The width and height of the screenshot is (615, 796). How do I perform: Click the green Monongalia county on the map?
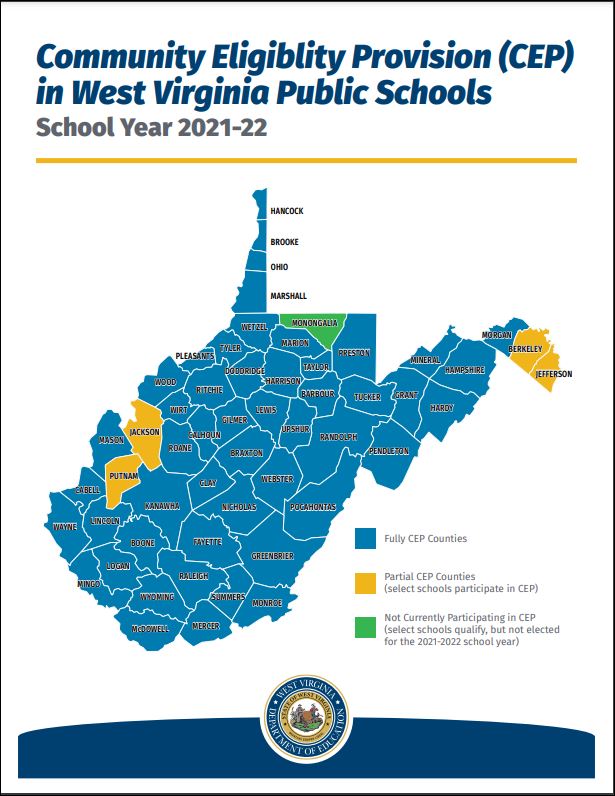[313, 323]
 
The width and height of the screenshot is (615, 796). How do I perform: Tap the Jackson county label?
[144, 432]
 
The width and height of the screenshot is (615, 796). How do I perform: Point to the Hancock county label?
[286, 211]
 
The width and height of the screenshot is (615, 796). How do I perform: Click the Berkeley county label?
[525, 349]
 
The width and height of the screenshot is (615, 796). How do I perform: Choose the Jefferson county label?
[553, 374]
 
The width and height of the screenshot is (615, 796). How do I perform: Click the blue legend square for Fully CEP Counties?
[364, 539]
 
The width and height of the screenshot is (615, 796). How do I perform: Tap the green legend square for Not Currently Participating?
[364, 628]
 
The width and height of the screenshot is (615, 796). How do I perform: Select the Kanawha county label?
[162, 506]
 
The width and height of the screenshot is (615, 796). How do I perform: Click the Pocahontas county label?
[313, 507]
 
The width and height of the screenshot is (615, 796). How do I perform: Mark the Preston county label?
[354, 353]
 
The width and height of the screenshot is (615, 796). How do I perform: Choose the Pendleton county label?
[389, 451]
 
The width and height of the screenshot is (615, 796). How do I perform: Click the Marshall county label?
[288, 296]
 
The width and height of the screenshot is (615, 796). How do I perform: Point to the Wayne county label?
[65, 526]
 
